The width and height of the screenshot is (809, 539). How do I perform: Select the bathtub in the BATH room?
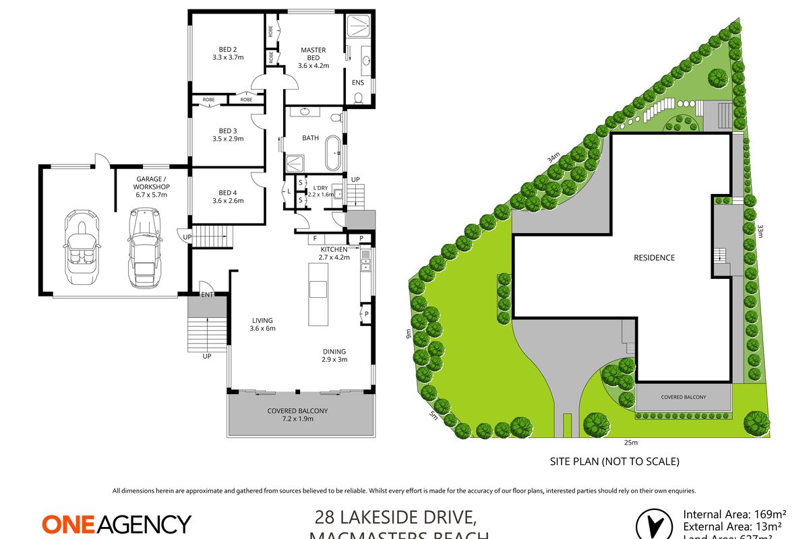[333, 154]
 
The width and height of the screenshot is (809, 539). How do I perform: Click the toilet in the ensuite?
[358, 99]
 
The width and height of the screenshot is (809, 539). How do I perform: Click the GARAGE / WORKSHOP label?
[142, 187]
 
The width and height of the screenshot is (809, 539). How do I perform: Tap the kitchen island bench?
[317, 294]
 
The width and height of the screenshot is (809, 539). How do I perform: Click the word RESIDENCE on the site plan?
[653, 257]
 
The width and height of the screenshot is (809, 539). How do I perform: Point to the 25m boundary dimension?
[631, 443]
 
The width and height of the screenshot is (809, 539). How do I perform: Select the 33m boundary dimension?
[760, 232]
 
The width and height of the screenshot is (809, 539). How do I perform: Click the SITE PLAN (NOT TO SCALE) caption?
[613, 462]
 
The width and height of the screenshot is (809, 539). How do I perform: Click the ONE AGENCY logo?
[117, 524]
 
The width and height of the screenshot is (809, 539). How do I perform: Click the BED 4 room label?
[227, 196]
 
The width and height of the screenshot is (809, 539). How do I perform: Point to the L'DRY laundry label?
[320, 187]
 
